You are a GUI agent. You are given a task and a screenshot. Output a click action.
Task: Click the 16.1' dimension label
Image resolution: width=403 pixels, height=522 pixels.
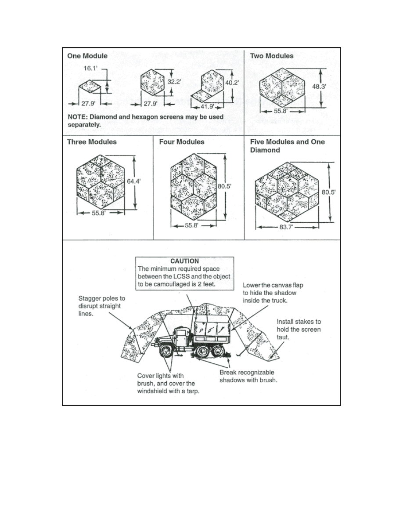pyautogui.click(x=90, y=69)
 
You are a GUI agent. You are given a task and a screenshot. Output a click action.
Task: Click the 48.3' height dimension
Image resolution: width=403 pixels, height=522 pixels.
pyautogui.click(x=319, y=87)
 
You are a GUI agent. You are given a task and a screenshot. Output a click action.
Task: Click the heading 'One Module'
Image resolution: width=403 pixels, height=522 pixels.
pyautogui.click(x=87, y=56)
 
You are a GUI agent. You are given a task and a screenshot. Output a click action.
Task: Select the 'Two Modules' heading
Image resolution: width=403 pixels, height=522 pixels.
pyautogui.click(x=272, y=56)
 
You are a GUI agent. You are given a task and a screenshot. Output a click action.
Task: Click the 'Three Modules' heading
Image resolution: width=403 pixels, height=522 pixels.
pyautogui.click(x=92, y=142)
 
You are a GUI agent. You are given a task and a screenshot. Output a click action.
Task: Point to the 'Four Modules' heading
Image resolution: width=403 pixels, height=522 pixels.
pyautogui.click(x=182, y=142)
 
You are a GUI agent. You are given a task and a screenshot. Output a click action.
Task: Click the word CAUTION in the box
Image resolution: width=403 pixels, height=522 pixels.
pyautogui.click(x=184, y=261)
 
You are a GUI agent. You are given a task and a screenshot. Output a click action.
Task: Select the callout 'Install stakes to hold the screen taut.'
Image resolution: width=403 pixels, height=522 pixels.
pyautogui.click(x=299, y=329)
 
